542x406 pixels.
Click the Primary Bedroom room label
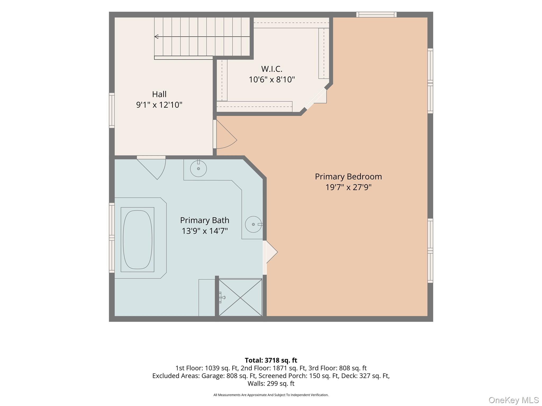(348, 177)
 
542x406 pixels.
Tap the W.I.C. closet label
(272, 69)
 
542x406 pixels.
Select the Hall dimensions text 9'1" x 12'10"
(159, 105)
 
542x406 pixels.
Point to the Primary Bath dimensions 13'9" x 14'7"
(205, 231)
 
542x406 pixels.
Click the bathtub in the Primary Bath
(137, 239)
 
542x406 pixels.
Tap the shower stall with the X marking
(240, 297)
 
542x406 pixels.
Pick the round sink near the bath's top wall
(198, 168)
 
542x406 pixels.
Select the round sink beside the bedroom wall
(254, 224)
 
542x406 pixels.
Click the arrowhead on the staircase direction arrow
(156, 36)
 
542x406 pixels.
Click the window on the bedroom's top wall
(376, 15)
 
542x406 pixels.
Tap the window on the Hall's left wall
(112, 110)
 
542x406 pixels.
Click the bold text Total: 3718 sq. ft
(271, 360)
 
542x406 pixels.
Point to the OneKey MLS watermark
(514, 400)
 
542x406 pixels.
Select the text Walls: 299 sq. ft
(271, 383)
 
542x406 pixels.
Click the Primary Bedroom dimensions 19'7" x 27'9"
(348, 187)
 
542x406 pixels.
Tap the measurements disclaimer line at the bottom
(271, 395)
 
